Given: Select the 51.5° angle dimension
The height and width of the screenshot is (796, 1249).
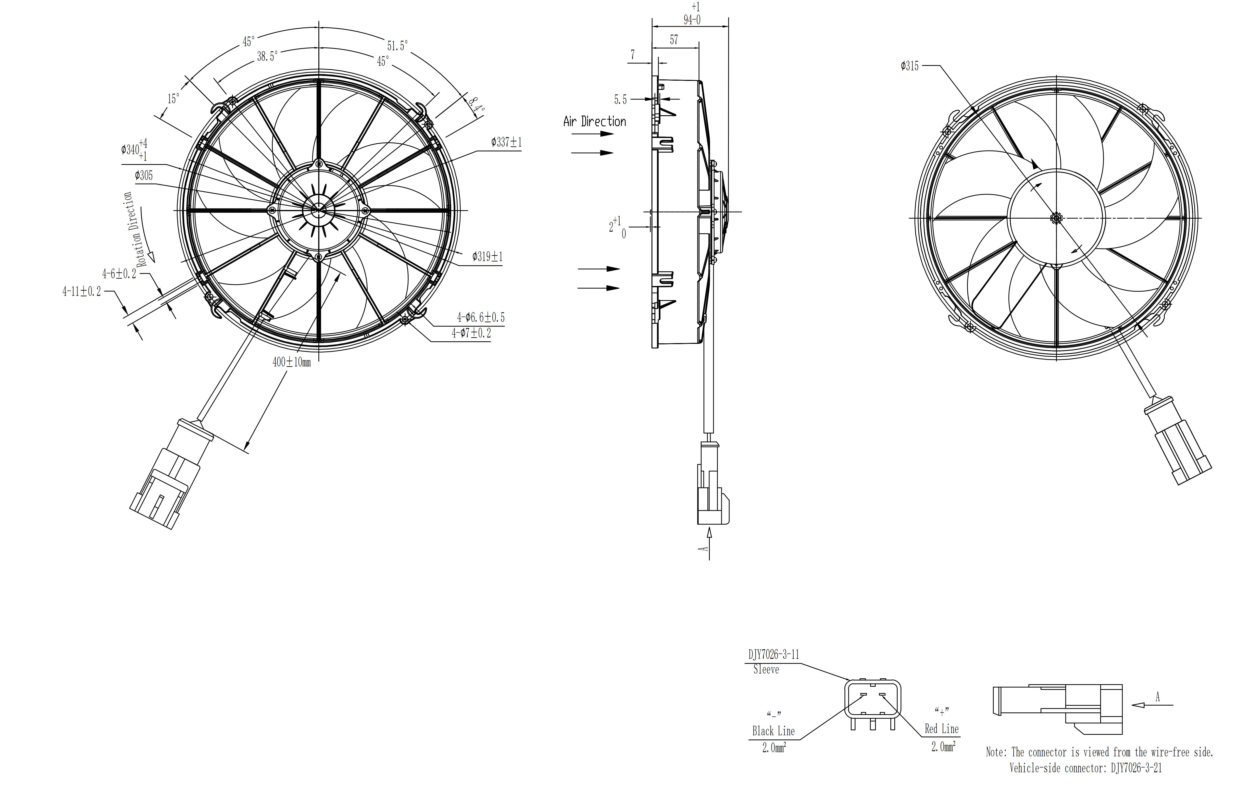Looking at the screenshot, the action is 397,46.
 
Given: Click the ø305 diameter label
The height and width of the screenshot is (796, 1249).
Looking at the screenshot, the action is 144,175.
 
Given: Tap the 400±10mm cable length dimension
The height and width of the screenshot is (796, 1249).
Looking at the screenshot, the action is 291,362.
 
